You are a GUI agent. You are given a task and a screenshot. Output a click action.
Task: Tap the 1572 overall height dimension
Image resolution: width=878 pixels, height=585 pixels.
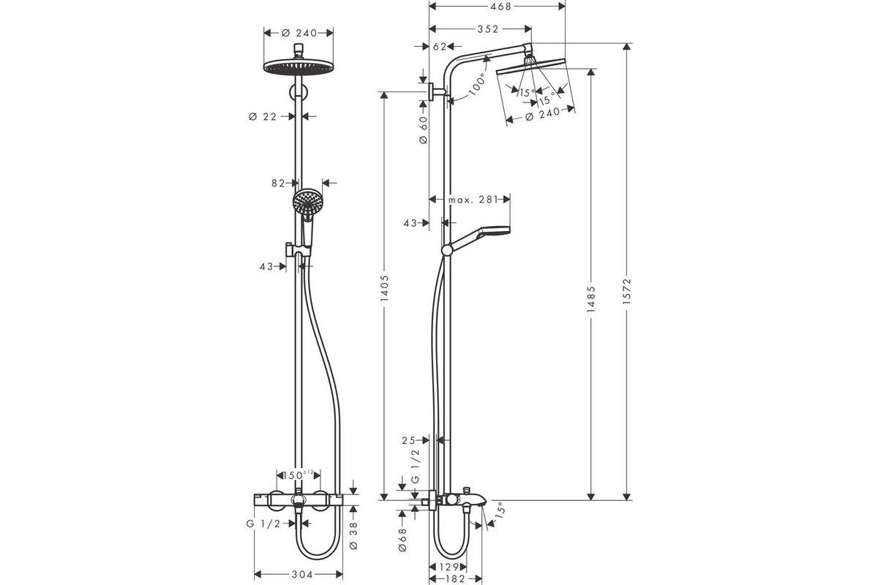click(627, 292)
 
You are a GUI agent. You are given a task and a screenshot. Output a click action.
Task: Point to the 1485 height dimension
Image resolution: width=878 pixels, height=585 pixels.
click(590, 299)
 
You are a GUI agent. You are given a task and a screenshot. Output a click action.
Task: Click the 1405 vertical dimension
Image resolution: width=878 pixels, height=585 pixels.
click(384, 288)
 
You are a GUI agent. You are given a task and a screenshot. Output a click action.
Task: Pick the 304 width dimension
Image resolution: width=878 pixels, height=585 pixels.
click(302, 575)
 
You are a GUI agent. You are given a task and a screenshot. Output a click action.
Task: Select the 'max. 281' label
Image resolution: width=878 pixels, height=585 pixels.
click(473, 200)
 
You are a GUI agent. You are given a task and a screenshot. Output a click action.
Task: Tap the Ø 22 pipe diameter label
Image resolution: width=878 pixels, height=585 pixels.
click(263, 116)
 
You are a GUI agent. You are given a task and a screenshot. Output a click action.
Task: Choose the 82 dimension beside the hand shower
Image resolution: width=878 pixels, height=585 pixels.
click(278, 183)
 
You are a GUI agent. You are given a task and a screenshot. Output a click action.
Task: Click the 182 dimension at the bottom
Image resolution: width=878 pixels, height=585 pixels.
click(455, 578)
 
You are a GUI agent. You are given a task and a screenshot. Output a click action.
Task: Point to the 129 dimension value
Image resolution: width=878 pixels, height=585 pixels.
click(449, 567)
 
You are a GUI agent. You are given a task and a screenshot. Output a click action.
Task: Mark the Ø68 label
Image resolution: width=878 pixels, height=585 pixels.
click(402, 540)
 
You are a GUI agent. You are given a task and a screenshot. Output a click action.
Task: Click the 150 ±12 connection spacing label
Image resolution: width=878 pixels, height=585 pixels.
click(299, 475)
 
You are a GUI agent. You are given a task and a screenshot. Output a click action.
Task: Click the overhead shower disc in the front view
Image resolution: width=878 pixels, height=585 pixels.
click(299, 66)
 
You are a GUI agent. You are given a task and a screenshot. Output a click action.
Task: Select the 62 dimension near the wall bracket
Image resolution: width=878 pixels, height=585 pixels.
click(440, 47)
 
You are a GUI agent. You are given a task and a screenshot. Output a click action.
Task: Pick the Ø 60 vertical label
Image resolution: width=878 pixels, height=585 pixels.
click(424, 129)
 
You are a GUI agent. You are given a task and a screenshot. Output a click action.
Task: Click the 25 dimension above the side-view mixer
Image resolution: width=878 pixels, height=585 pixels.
click(408, 440)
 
